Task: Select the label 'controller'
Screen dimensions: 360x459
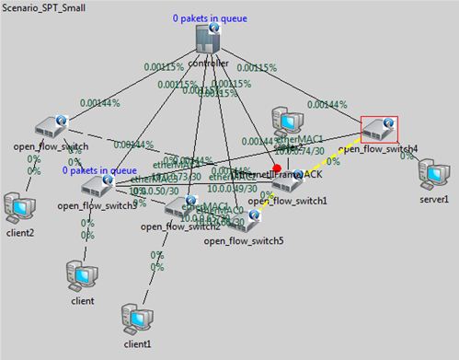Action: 208,64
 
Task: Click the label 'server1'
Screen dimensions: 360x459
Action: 433,199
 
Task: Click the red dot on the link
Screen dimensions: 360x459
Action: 278,168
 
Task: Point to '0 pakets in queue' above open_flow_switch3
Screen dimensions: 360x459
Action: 99,169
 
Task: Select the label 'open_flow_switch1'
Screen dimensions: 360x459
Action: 300,200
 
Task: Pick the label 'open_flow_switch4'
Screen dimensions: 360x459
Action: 378,148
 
